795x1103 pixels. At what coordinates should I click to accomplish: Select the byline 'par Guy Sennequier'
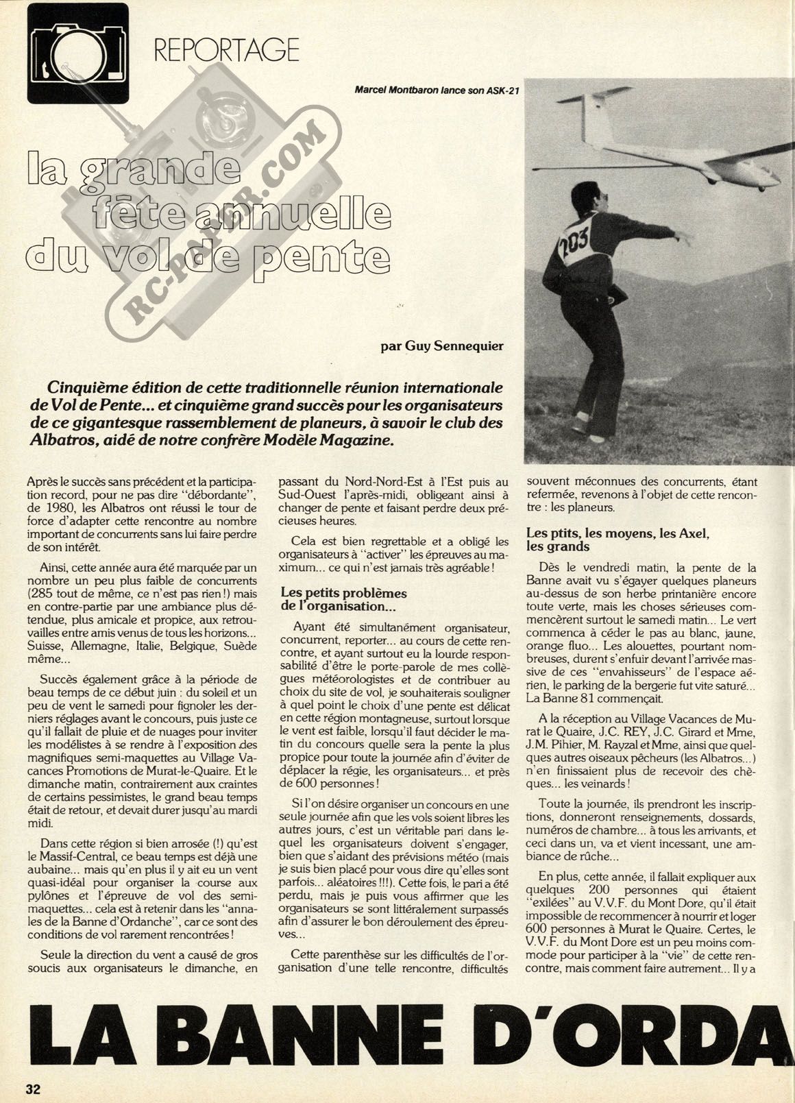(x=442, y=346)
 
